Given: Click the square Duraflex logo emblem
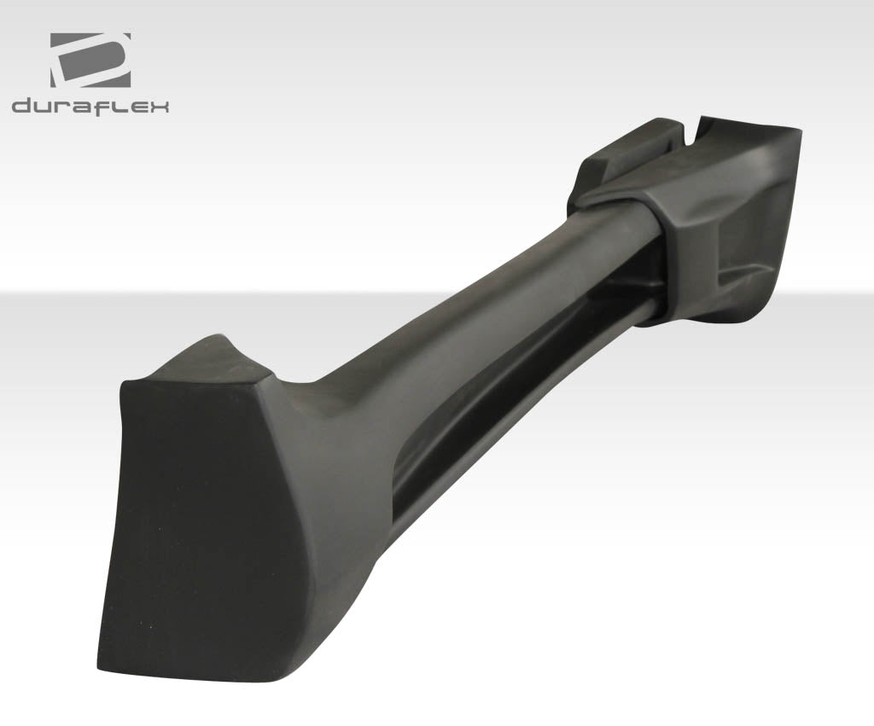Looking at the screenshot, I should [x=90, y=60].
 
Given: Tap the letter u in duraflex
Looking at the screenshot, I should [x=46, y=107].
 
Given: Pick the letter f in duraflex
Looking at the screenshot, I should [x=105, y=106].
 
